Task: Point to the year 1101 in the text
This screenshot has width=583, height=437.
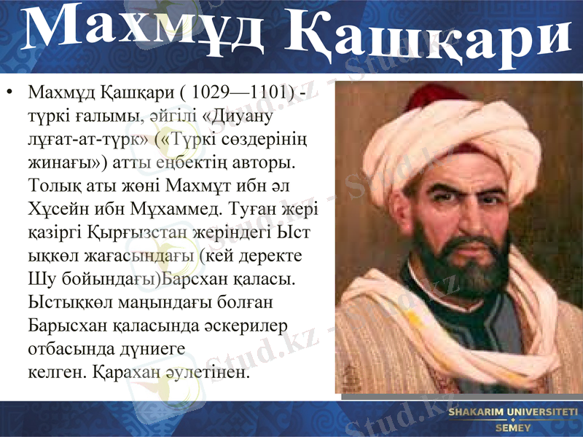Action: click(265, 93)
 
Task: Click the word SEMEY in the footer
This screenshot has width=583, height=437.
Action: click(513, 428)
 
